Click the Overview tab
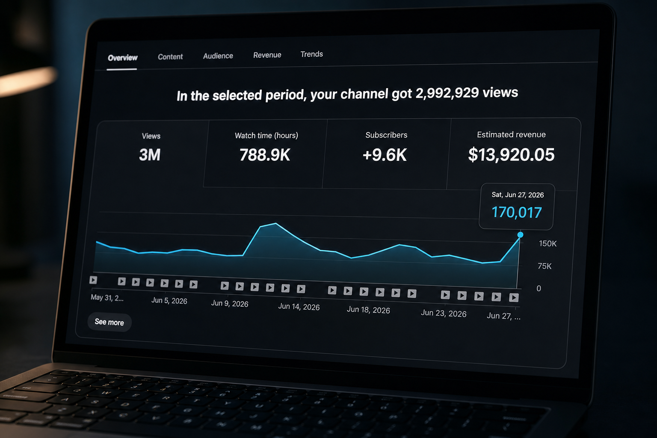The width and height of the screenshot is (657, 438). (123, 58)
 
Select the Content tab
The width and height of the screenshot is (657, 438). (170, 56)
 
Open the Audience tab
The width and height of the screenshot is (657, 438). (218, 56)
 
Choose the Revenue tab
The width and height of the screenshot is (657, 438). (267, 55)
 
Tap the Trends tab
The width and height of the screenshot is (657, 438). (311, 54)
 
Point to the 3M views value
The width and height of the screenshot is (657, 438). (150, 154)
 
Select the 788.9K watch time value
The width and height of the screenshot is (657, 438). (265, 155)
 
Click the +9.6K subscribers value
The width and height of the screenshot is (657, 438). (385, 154)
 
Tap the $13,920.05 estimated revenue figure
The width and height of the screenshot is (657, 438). (511, 154)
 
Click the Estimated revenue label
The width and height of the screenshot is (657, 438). (511, 134)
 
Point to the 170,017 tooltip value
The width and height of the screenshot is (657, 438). (517, 212)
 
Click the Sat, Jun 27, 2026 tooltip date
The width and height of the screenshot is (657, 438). (518, 195)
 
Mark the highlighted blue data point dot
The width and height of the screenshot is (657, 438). (520, 235)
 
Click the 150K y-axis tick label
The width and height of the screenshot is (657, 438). (547, 243)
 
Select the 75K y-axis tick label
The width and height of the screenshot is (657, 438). (545, 266)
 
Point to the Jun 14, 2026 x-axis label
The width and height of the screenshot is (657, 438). (299, 307)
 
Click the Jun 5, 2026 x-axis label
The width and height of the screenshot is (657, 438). (169, 301)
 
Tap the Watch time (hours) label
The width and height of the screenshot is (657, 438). (266, 135)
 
